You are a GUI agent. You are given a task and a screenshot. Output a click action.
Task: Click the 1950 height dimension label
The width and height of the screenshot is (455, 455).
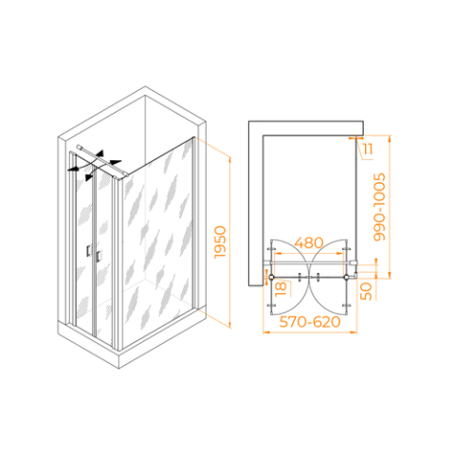point(220,242)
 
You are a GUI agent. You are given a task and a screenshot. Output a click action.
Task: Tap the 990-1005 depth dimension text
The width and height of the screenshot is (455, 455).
point(379,207)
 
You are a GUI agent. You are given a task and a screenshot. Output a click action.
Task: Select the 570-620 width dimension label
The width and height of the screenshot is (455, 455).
point(310,322)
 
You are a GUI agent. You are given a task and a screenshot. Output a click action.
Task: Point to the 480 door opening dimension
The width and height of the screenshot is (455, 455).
point(309,243)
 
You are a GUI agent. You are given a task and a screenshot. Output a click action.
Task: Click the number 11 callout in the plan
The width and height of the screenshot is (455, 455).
point(368,149)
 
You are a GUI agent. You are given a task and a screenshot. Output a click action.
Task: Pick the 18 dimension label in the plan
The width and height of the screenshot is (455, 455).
point(281,289)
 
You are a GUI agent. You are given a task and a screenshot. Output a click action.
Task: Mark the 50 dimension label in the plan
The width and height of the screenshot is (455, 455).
point(366,291)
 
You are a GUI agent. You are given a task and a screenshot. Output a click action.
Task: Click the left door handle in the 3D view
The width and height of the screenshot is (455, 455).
point(88,250)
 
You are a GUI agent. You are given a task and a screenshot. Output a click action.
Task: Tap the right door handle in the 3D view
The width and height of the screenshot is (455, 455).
point(99,256)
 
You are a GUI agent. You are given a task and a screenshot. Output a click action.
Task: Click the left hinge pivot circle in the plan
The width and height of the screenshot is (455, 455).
point(271,277)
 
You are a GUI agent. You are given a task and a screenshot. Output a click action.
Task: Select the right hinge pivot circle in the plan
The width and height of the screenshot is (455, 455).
point(347,277)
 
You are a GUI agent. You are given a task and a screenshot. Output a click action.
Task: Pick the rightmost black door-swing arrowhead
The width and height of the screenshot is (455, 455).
point(116,162)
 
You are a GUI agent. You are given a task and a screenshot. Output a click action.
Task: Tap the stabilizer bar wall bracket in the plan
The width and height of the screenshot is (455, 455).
point(355,263)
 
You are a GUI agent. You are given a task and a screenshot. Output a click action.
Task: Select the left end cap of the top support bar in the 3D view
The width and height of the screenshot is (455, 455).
point(79,147)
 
